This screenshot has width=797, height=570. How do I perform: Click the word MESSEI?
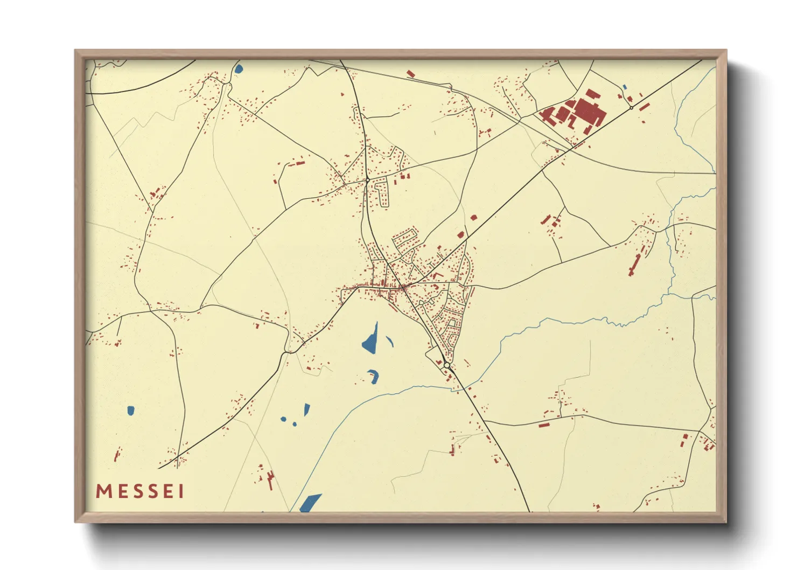point(140,491)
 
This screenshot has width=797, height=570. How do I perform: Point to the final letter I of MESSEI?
point(181,491)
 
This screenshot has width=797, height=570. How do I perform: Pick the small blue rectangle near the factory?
point(625,87)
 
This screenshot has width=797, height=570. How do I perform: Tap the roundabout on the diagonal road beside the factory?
point(631,108)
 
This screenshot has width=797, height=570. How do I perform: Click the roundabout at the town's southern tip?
point(447,365)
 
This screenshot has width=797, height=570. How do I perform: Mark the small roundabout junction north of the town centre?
point(367,180)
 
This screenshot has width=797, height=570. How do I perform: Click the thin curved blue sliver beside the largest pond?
point(389,340)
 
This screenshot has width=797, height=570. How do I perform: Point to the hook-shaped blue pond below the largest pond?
point(374,376)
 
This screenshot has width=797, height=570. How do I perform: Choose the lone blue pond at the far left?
point(130,411)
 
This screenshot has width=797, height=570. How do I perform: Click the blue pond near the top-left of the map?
point(239,69)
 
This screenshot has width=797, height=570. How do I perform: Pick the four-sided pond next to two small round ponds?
point(307,409)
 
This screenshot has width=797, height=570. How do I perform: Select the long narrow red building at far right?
point(634,265)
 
